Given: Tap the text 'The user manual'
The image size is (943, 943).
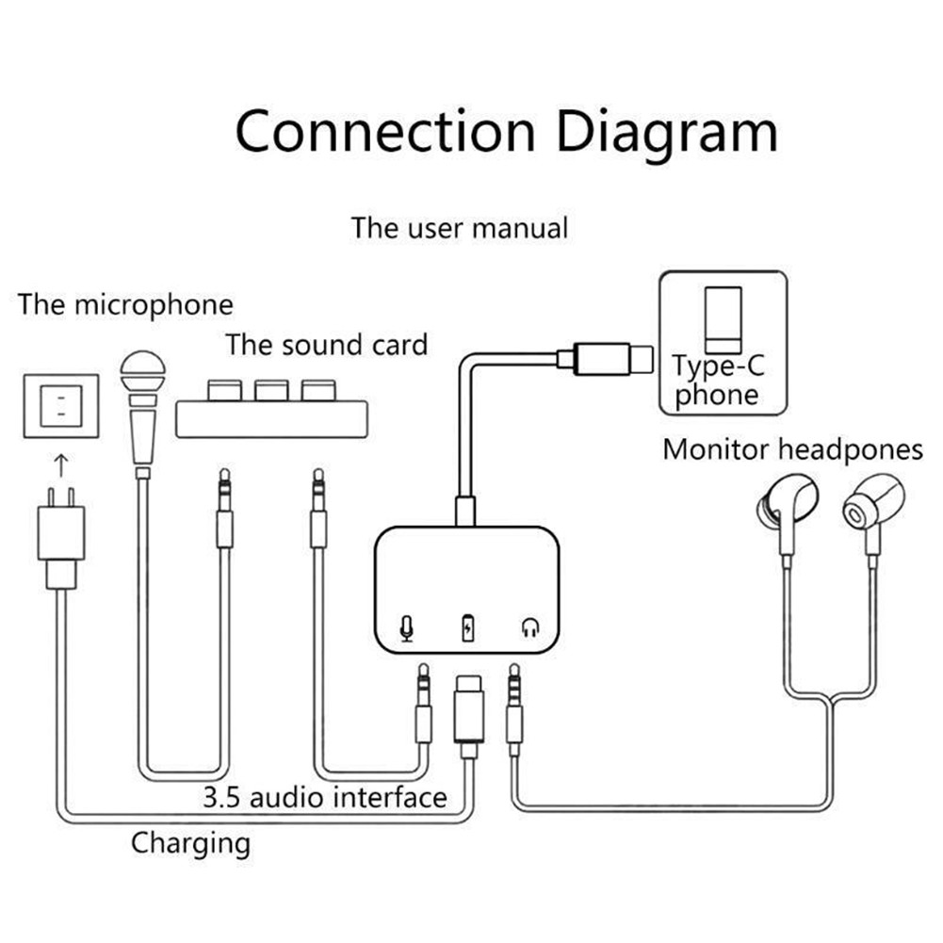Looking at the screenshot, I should click(x=460, y=228).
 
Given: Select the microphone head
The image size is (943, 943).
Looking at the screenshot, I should click(x=142, y=373).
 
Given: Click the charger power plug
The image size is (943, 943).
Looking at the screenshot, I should click(x=61, y=537).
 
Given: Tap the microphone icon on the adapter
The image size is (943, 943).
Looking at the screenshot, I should click(x=407, y=627).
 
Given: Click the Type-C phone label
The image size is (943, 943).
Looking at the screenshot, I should click(x=719, y=381).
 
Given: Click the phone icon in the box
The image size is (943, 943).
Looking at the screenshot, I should click(x=723, y=317).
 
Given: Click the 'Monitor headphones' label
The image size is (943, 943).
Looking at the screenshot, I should click(x=792, y=449).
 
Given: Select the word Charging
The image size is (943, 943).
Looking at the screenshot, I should click(x=190, y=841).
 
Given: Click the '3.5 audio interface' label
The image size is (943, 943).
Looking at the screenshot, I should click(x=325, y=798).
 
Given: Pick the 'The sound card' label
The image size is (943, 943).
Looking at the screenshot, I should click(x=326, y=344).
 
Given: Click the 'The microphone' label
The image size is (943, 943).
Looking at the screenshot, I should click(x=125, y=304).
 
